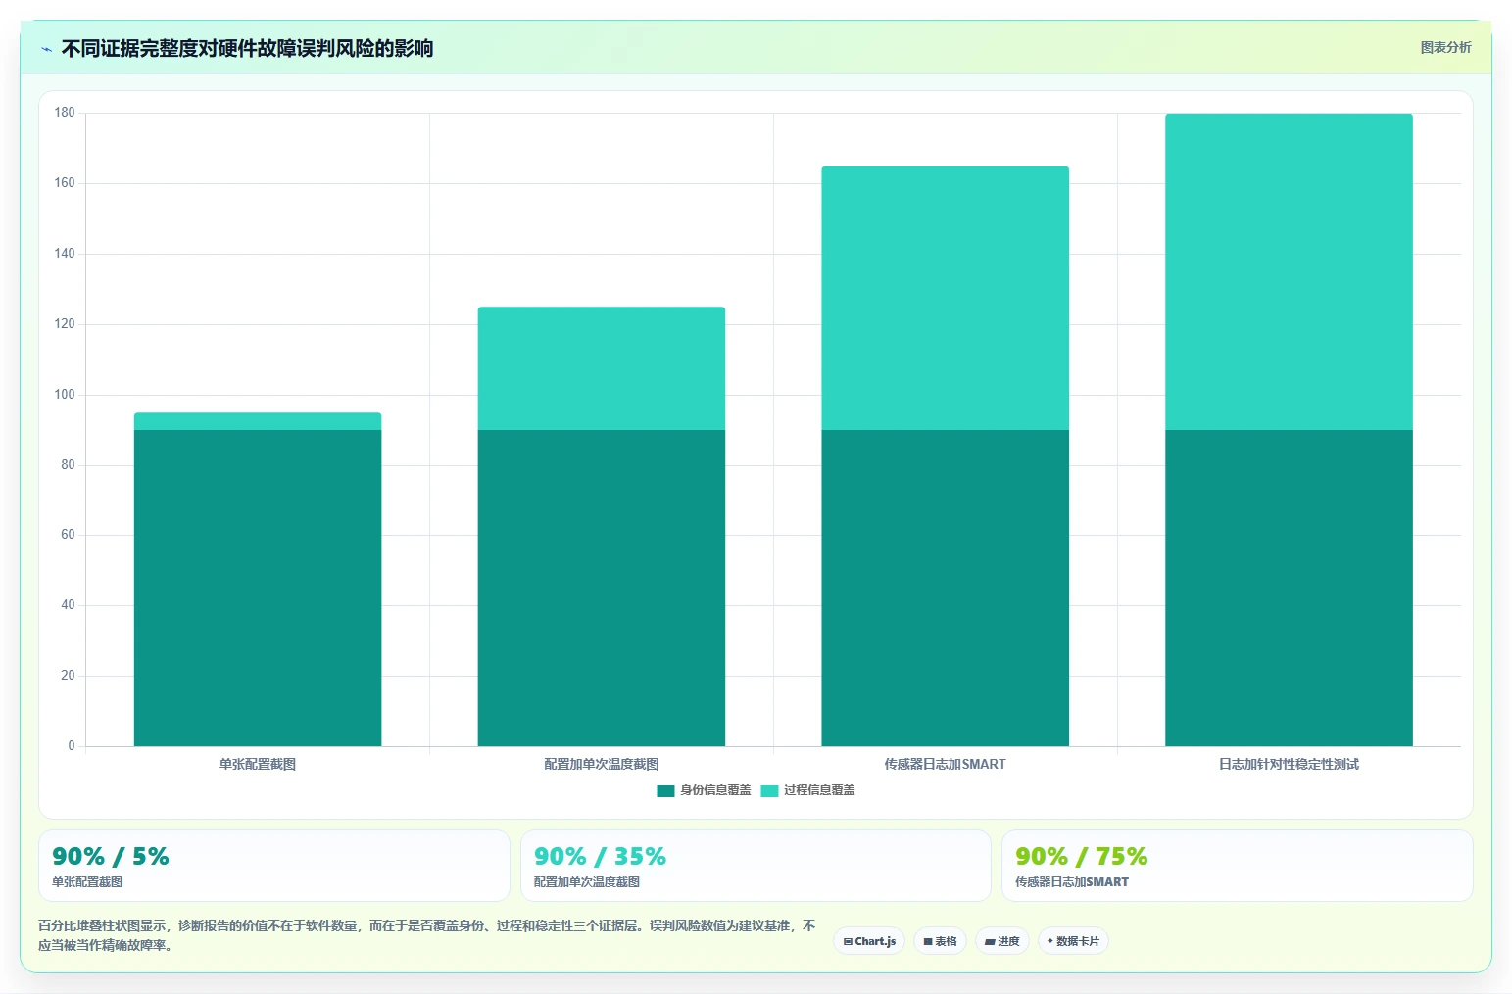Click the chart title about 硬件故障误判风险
click(247, 49)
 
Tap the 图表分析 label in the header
click(1445, 47)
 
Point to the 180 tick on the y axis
click(64, 112)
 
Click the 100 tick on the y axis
click(64, 394)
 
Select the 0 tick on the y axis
click(72, 745)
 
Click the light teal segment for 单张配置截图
click(257, 421)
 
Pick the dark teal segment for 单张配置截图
click(257, 588)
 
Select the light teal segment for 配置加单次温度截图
click(602, 368)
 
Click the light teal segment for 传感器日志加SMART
click(945, 299)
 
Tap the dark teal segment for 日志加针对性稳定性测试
click(1289, 588)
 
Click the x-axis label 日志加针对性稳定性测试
click(1289, 764)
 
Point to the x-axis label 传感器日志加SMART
click(945, 764)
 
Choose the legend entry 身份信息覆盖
click(704, 790)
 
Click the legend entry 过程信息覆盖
click(807, 790)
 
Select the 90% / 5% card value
click(111, 856)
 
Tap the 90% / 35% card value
click(600, 856)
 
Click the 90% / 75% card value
click(1082, 856)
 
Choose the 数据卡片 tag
click(1073, 941)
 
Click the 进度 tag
click(1002, 941)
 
